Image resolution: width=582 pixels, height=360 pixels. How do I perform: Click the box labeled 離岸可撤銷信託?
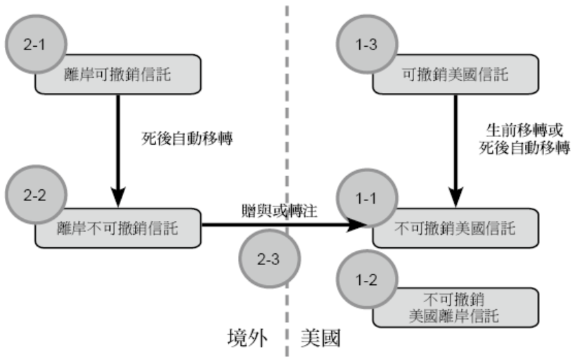point(127,75)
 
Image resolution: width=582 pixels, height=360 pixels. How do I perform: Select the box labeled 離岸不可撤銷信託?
point(127,227)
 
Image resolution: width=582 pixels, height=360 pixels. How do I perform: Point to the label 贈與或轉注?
point(279,211)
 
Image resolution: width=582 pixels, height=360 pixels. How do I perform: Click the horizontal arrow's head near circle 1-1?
point(357,224)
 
